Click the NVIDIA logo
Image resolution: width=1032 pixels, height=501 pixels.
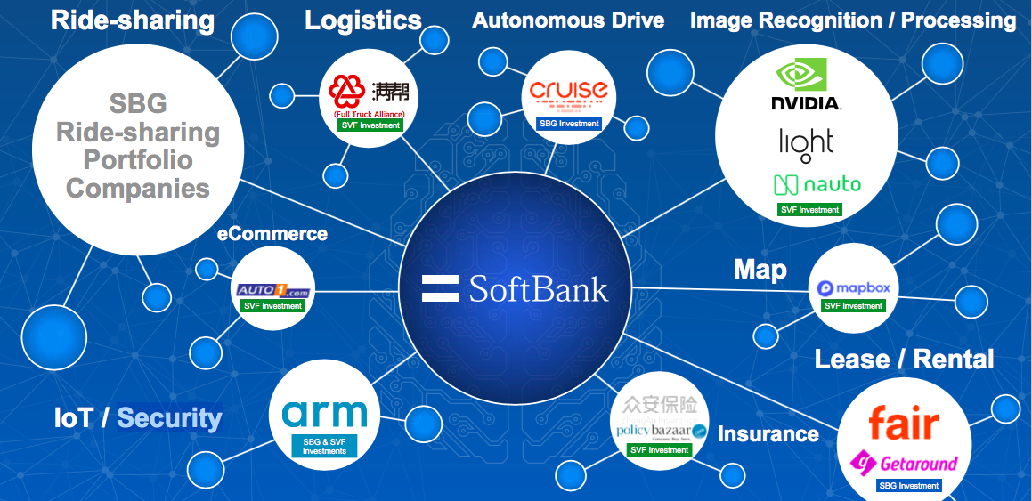coord(806,85)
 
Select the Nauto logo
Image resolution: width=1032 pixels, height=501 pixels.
coord(817,185)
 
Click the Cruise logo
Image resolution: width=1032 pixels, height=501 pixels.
coord(568,92)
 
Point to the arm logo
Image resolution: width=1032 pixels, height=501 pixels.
coord(324,414)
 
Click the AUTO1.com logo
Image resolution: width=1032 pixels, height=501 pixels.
coord(272,290)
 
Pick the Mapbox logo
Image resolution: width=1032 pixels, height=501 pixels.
coord(853,288)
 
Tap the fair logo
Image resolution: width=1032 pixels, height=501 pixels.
coord(904,424)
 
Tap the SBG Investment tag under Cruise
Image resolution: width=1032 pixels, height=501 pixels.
coord(569,124)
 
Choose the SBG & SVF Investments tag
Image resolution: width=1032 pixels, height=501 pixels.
coord(324,447)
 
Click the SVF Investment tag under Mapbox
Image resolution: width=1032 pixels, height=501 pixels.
coord(853,306)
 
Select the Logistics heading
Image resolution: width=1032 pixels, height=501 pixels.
coord(363,20)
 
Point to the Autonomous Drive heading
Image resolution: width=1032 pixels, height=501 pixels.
coord(568,20)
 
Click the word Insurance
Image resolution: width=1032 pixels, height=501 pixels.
coord(768,434)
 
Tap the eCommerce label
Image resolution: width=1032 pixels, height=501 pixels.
coord(272,234)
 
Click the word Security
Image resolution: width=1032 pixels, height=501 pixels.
coord(169,417)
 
